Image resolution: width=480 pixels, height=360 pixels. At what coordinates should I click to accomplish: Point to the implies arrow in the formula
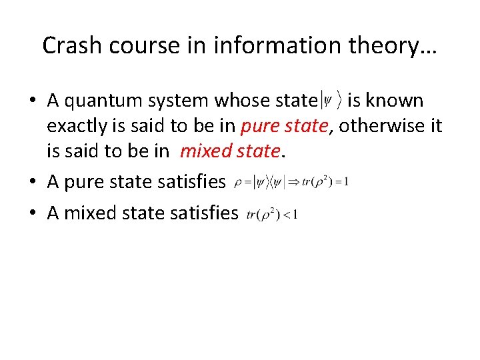coord(295,182)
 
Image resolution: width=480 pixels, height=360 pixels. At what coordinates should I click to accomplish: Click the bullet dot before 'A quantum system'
coord(32,101)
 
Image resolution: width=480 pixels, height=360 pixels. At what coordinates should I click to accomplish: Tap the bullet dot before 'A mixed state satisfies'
coord(32,213)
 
